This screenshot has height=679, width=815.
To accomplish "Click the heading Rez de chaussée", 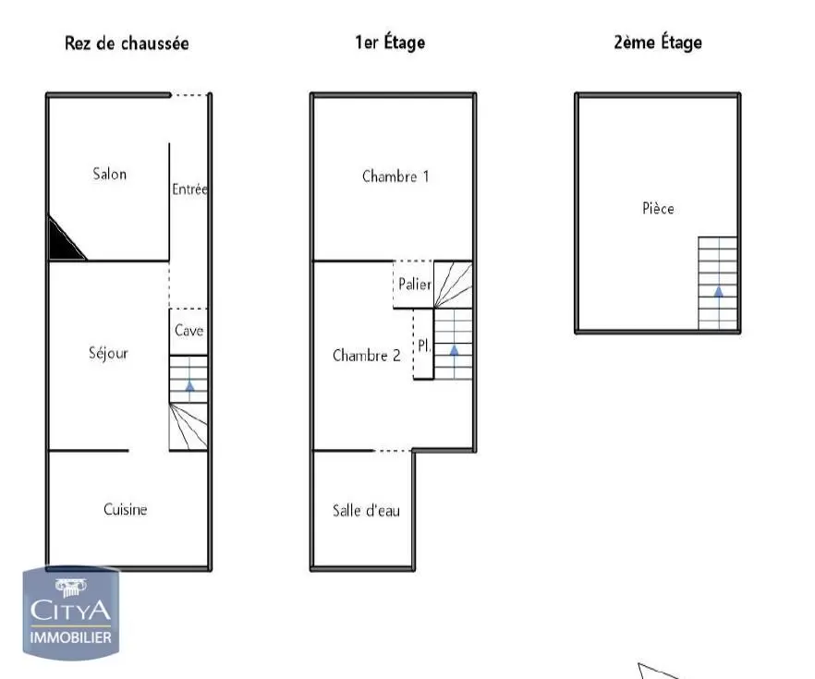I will [x=127, y=42].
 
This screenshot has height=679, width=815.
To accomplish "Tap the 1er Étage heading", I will [x=390, y=42].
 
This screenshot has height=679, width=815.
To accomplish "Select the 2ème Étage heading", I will [x=657, y=42].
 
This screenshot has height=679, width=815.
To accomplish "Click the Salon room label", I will [x=110, y=174].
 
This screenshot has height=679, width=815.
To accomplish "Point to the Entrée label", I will [x=189, y=189].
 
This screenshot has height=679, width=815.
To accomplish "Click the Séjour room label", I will [x=108, y=353].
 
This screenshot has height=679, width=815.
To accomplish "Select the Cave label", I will [x=189, y=331].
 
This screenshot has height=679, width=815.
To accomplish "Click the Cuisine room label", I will [x=125, y=509].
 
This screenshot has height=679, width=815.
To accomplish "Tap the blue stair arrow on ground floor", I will [x=189, y=385].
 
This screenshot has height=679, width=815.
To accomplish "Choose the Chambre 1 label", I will [x=395, y=176].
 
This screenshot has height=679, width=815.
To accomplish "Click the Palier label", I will [x=414, y=285].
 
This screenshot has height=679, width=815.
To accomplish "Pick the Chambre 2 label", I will [x=366, y=355].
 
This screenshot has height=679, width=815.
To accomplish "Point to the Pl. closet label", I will [x=423, y=346].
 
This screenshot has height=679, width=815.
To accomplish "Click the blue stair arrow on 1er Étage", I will [x=454, y=349].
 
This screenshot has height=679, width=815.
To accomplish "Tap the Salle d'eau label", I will [x=366, y=510].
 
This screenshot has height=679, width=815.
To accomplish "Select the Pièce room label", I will [x=658, y=209].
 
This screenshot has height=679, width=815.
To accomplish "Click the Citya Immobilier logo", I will [x=71, y=613].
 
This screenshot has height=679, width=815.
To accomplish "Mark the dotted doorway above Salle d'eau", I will [x=393, y=451].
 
